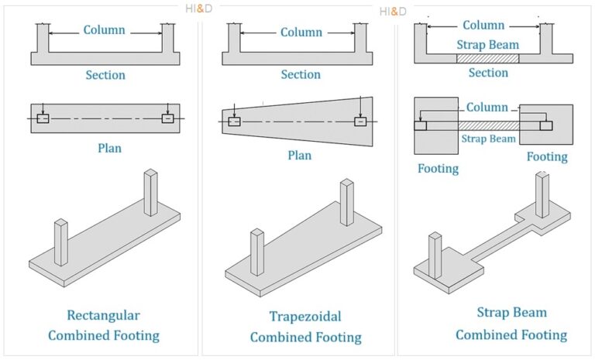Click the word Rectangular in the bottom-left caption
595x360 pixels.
pos(104,315)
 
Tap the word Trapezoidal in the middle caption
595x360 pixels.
pos(304,316)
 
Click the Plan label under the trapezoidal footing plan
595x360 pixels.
pos(299,155)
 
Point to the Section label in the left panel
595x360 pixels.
pos(105,75)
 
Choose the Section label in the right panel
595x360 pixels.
pos(488,73)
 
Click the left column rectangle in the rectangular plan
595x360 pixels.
pos(43,118)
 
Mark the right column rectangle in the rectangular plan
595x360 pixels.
pos(167,118)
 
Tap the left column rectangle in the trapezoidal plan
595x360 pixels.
pos(234,122)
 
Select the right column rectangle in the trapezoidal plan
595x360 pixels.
pos(360,122)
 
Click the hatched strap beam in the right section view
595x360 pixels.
pos(487,58)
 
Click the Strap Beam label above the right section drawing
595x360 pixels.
pos(487,44)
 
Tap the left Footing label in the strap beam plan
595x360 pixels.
pos(438,167)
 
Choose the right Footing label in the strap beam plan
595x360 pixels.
pos(547,156)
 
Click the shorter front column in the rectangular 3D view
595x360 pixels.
pos(60,242)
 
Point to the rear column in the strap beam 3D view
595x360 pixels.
pos(542,195)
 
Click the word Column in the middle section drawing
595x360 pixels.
pos(301,33)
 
